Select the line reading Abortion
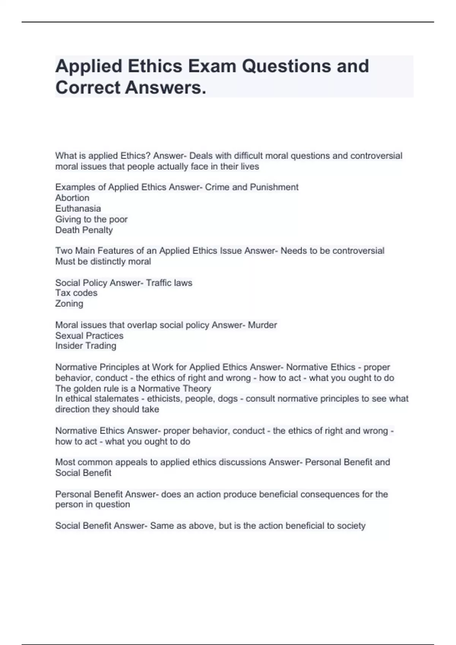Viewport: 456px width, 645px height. pos(72,198)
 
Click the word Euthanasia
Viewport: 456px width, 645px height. pos(78,208)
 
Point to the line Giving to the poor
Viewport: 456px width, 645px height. pos(91,219)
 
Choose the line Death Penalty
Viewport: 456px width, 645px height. pos(84,230)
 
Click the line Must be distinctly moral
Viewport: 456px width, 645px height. pos(103,261)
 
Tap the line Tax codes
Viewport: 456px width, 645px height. pos(76,293)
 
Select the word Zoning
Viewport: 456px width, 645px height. pos(69,304)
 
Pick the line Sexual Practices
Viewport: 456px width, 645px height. pos(89,335)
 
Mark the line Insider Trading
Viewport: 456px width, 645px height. pos(85,346)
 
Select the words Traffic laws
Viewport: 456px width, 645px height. pos(169,283)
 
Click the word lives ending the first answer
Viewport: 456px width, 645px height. pos(249,167)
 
